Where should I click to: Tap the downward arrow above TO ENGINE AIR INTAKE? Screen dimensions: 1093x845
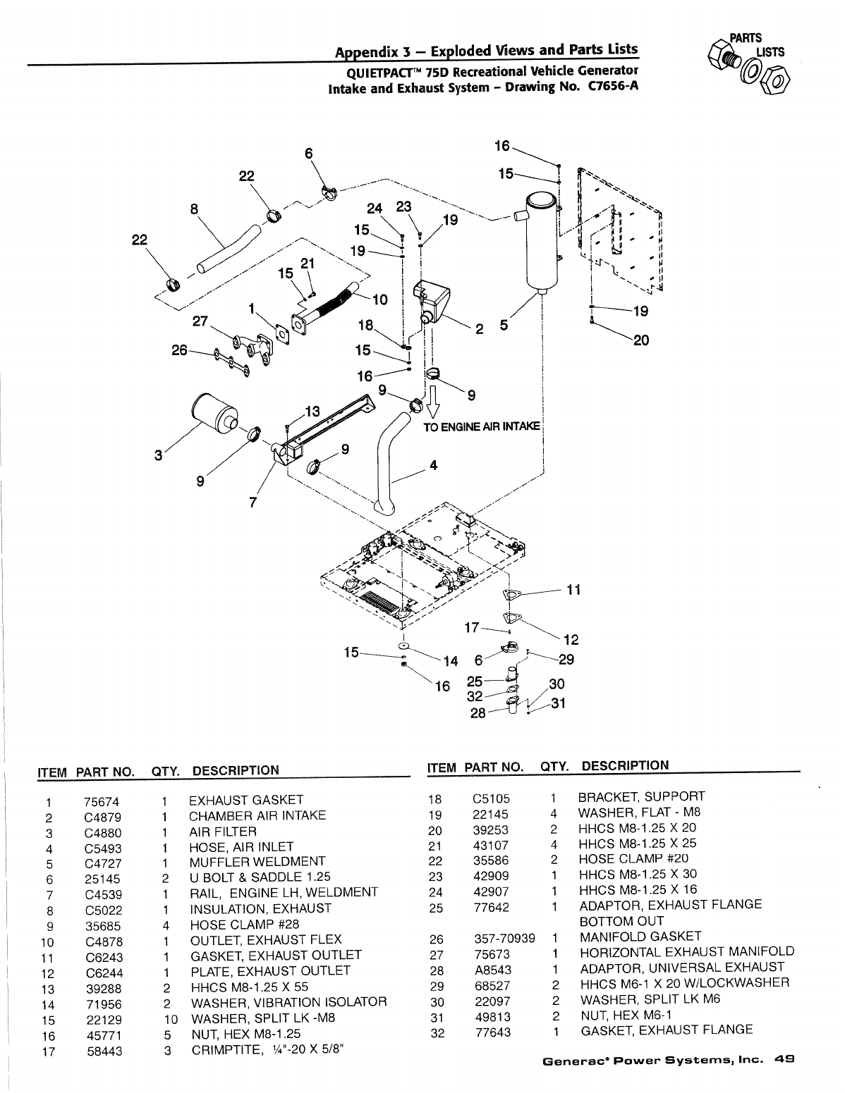[434, 405]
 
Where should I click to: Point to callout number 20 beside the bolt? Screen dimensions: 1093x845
[640, 340]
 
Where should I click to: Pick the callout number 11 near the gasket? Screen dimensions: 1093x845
[573, 589]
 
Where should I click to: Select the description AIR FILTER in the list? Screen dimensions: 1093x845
[222, 832]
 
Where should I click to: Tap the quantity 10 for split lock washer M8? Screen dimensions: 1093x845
[170, 1020]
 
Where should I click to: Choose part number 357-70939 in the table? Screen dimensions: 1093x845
[504, 938]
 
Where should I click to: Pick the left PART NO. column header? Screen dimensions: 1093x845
[105, 771]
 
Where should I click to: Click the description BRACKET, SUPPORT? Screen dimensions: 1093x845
[641, 797]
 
